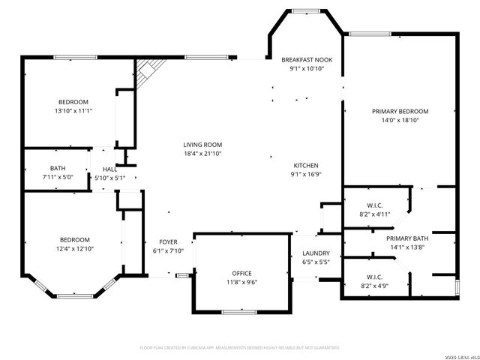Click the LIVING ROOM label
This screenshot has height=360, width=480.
202,145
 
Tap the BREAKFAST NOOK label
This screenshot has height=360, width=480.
307,59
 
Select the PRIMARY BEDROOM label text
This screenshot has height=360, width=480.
400,111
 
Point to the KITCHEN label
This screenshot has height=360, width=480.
306,165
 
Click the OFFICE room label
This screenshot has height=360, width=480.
241,273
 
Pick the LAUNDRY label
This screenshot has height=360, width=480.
316,253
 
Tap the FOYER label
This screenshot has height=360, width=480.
168,241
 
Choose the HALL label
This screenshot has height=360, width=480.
109,169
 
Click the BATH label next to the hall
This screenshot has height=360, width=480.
58,168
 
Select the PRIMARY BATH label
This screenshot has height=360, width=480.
408,238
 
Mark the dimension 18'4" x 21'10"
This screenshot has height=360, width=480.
202,154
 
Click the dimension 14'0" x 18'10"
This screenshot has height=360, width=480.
400,120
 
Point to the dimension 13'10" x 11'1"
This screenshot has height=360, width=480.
73,111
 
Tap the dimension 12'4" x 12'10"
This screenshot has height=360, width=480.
73,248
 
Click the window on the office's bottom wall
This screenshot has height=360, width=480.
241,311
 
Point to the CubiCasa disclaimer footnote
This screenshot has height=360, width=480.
240,348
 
